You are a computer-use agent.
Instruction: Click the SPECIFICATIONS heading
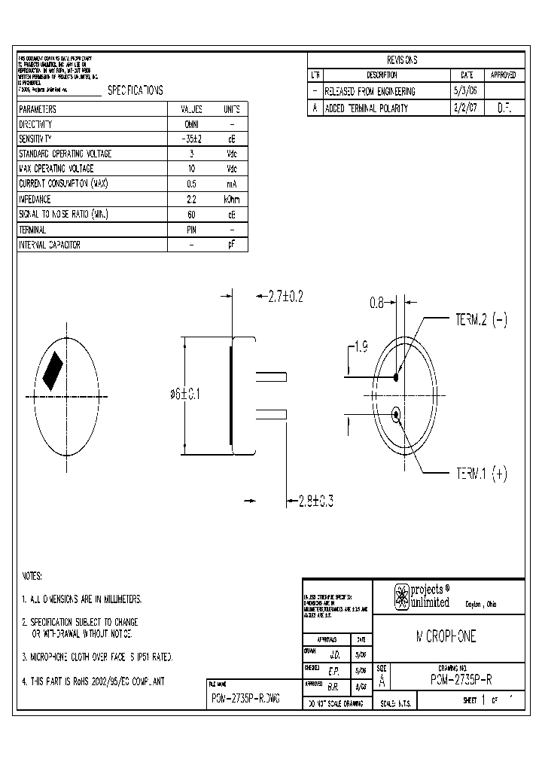click(x=135, y=90)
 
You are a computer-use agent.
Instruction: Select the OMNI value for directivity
click(x=192, y=124)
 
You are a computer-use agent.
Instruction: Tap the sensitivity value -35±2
click(x=192, y=139)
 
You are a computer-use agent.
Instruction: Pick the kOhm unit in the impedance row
click(x=232, y=200)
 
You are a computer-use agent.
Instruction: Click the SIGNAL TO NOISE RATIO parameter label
click(x=64, y=215)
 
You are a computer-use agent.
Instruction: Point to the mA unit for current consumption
click(x=232, y=184)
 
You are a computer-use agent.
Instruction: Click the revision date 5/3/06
click(x=461, y=91)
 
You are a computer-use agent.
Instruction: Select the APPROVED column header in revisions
click(x=503, y=75)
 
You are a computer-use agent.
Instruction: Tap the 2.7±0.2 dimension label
click(x=285, y=297)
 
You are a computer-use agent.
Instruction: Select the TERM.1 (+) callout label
click(x=482, y=474)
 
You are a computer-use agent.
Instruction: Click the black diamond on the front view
click(x=53, y=371)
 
